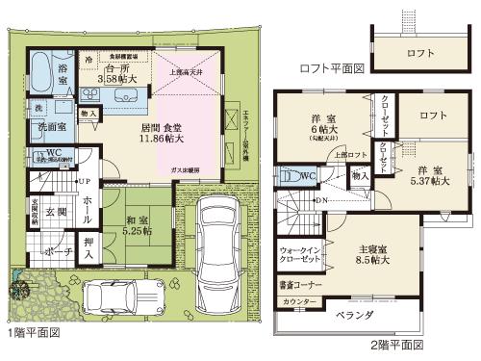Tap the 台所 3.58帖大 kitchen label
click(x=120, y=75)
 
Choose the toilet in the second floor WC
click(x=288, y=177)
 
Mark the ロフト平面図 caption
click(x=333, y=68)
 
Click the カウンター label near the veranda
click(x=299, y=302)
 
